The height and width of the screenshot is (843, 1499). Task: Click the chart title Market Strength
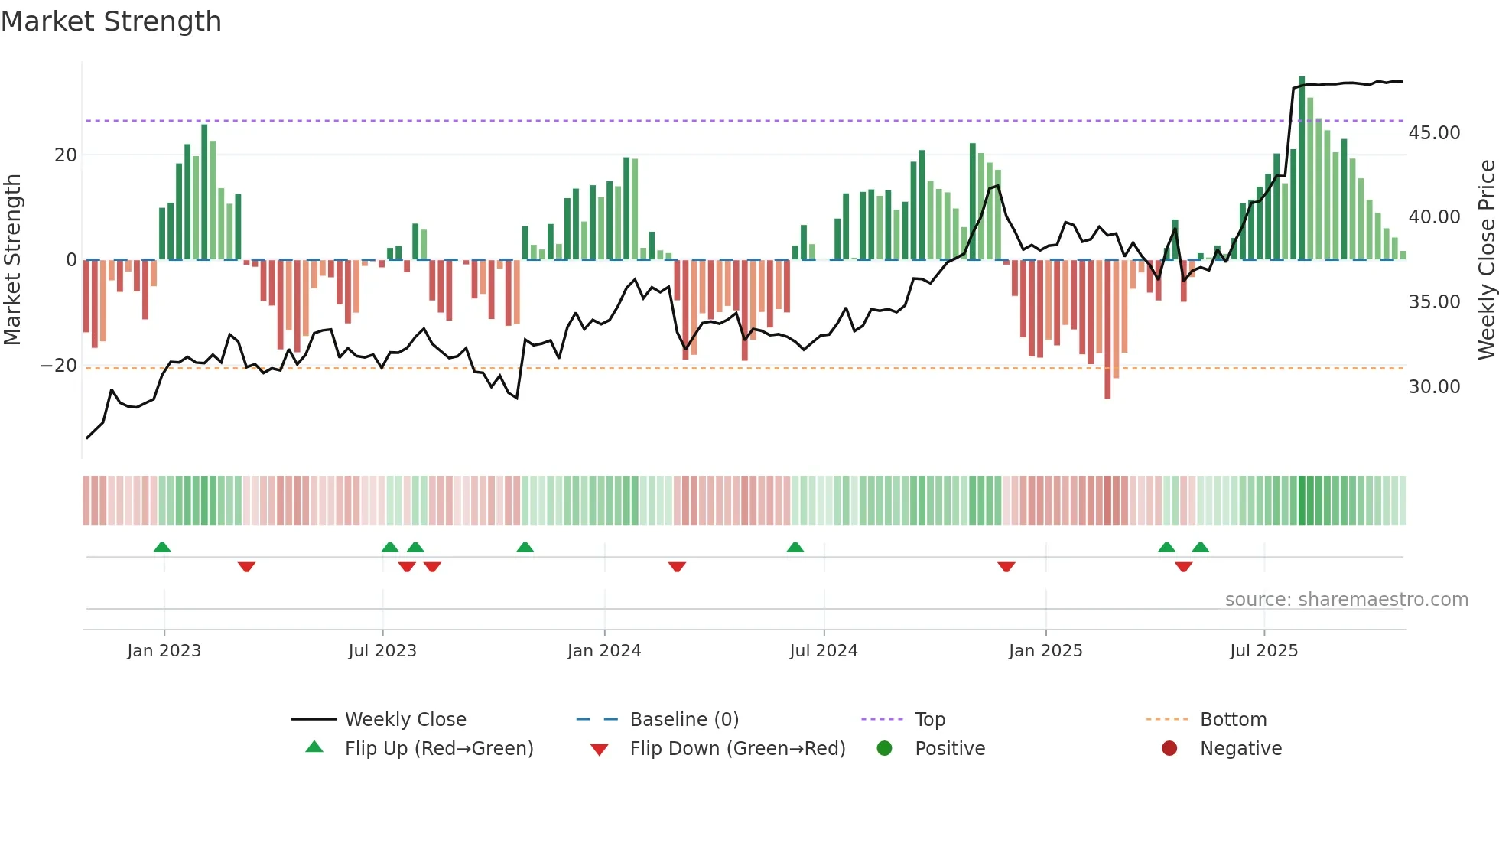tap(111, 21)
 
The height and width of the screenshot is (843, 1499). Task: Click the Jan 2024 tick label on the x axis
tap(604, 651)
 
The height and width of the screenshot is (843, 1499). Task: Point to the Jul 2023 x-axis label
tap(382, 651)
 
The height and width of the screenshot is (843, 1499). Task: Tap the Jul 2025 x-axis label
tap(1263, 651)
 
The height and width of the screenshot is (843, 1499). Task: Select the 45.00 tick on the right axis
tap(1434, 133)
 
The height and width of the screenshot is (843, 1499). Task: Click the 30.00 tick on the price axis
tap(1434, 387)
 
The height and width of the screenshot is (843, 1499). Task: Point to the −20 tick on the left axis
tap(59, 366)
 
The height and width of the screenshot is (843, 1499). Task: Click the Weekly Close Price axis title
tap(1486, 260)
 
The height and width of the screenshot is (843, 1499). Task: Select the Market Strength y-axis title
tap(12, 260)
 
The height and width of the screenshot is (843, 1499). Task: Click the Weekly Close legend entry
tap(405, 720)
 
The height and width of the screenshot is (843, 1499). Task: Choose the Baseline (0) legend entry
tap(684, 720)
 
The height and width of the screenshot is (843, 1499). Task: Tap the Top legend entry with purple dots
tap(929, 720)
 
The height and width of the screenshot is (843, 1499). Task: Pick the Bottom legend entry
tap(1233, 720)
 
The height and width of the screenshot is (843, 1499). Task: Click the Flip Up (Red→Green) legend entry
tap(438, 749)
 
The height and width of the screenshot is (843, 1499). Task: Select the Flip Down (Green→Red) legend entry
tap(737, 749)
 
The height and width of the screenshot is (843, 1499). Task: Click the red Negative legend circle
tap(1169, 749)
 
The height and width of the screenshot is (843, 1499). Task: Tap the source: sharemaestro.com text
tap(1346, 600)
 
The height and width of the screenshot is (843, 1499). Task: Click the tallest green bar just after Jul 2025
tap(1302, 168)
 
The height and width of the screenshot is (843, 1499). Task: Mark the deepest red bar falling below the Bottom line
tap(1107, 329)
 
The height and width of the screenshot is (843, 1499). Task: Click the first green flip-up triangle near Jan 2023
tap(162, 548)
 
